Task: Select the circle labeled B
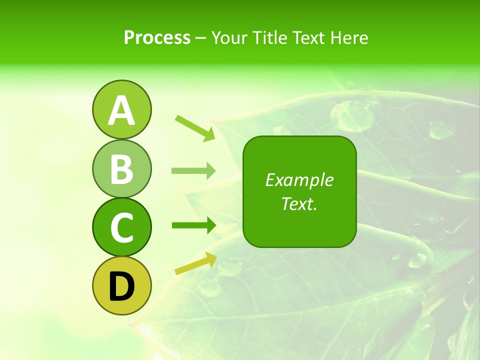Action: pyautogui.click(x=121, y=168)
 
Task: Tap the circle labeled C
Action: pyautogui.click(x=121, y=227)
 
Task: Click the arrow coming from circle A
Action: pyautogui.click(x=195, y=127)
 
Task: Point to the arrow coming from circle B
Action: pyautogui.click(x=193, y=171)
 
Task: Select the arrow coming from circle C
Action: pyautogui.click(x=193, y=225)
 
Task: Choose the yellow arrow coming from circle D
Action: pyautogui.click(x=195, y=263)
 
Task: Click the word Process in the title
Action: pyautogui.click(x=157, y=38)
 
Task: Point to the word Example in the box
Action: pyautogui.click(x=299, y=180)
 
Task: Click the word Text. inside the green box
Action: pyautogui.click(x=299, y=203)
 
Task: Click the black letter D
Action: pyautogui.click(x=121, y=287)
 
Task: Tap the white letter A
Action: pyautogui.click(x=121, y=111)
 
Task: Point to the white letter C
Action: pyautogui.click(x=121, y=228)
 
